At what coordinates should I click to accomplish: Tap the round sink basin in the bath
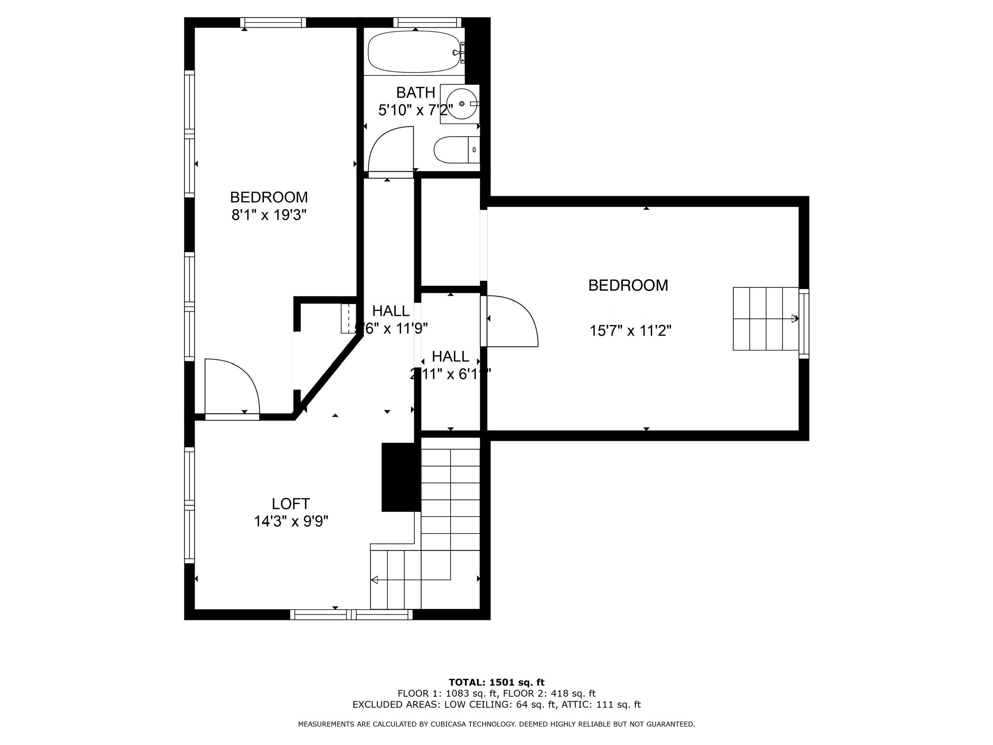461,104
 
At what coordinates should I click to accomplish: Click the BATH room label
415,92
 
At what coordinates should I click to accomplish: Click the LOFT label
291,503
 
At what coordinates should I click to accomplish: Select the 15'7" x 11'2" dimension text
630,331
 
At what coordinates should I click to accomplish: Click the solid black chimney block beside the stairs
399,477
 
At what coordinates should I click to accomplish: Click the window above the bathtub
427,23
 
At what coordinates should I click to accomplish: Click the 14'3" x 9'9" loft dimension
291,521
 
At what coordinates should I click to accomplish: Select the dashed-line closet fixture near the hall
348,318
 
